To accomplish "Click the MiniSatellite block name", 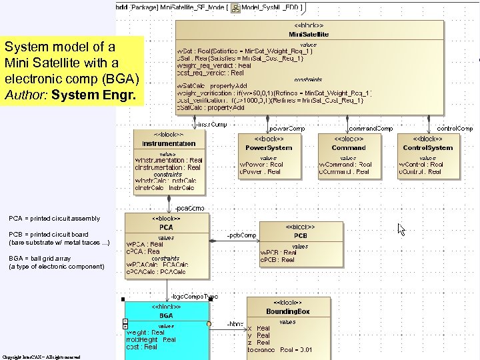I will coord(308,34).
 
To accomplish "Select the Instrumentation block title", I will coord(169,143).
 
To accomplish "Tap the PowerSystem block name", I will coord(269,148).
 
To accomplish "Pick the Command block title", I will coord(349,148).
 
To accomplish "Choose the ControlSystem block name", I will coord(427,148).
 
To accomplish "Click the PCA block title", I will coord(166,227).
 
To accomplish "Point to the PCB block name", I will coord(301,236).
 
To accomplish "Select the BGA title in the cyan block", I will coord(166,315).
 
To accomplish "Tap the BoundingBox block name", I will coord(288,311).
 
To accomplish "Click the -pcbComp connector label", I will coord(241,235).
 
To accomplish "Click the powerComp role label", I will coord(287,128).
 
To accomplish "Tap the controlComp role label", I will coord(455,128).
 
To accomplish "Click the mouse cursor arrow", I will coord(401,229).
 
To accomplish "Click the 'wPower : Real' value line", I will coord(265,164).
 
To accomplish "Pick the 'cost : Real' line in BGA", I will coord(142,347).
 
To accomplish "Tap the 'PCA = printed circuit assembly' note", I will coord(55,219).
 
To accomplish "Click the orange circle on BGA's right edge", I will coord(209,324).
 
